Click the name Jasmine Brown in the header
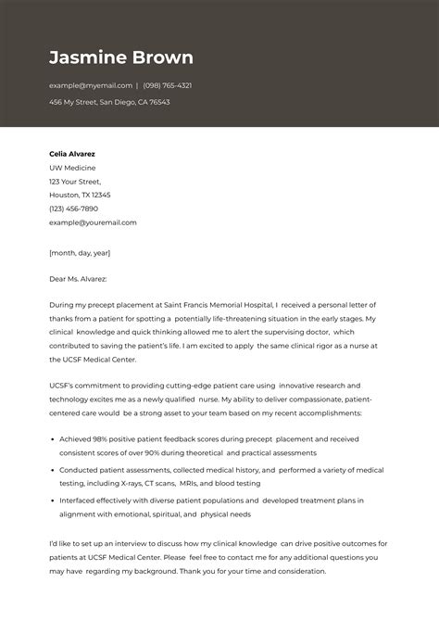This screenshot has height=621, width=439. pos(121,57)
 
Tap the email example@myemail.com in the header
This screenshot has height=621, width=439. pos(91,85)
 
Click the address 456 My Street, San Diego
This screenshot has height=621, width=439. pos(109,102)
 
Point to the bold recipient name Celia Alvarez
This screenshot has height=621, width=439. pos(72,154)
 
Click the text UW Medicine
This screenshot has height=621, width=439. pos(71,168)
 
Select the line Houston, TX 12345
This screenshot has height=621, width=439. pos(80,196)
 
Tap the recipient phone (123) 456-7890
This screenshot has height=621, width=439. pos(73,209)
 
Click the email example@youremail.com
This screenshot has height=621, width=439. pos(93,222)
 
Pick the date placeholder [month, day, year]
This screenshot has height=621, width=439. pos(80,252)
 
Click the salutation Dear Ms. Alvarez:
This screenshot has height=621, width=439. pos(78,278)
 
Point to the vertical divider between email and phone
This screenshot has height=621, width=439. pos(137,85)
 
